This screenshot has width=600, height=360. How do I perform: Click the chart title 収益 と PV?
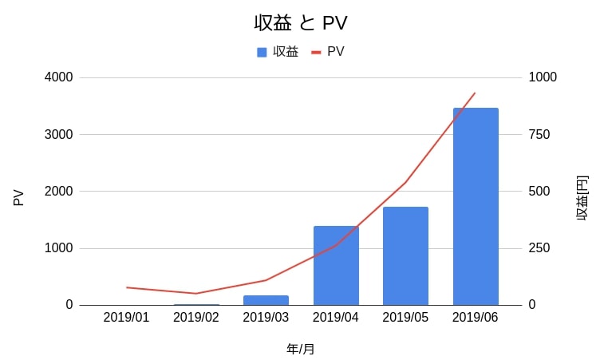click(300, 23)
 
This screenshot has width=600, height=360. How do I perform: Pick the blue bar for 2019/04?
click(336, 265)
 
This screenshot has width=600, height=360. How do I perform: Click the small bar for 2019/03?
click(266, 300)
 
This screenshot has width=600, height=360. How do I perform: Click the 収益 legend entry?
click(278, 52)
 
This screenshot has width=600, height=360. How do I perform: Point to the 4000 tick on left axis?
click(58, 77)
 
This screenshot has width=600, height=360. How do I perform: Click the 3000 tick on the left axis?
click(58, 134)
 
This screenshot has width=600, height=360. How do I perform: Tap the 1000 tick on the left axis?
click(58, 248)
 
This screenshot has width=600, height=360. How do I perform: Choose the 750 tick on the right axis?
click(539, 134)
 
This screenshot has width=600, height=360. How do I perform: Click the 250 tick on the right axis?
click(539, 248)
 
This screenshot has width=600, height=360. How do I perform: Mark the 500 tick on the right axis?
click(539, 192)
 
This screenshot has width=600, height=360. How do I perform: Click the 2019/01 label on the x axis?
click(126, 317)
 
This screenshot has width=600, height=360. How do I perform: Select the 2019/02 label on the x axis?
click(196, 317)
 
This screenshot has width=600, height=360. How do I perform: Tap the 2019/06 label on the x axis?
click(476, 317)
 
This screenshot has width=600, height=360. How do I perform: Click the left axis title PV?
click(19, 196)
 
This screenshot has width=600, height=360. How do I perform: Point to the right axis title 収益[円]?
click(582, 197)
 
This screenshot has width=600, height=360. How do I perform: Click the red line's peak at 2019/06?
click(475, 93)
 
